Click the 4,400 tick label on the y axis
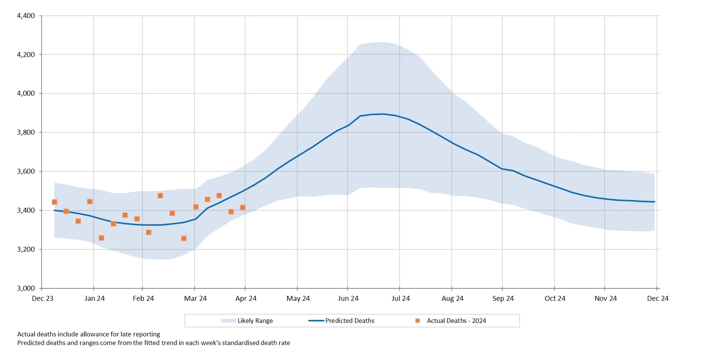pyautogui.click(x=26, y=16)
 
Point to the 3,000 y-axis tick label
pyautogui.click(x=26, y=288)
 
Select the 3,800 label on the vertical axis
pyautogui.click(x=26, y=132)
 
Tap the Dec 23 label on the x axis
pyautogui.click(x=43, y=299)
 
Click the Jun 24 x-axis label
pyautogui.click(x=348, y=299)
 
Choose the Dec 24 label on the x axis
pyautogui.click(x=658, y=299)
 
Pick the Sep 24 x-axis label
pyautogui.click(x=503, y=299)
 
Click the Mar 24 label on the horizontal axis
pyautogui.click(x=195, y=299)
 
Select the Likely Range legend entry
pyautogui.click(x=255, y=321)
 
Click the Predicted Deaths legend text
pyautogui.click(x=350, y=321)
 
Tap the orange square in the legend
pyautogui.click(x=418, y=321)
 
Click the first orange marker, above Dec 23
pyautogui.click(x=54, y=202)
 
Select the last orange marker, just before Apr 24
pyautogui.click(x=243, y=208)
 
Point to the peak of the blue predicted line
pyautogui.click(x=383, y=114)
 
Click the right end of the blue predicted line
pyautogui.click(x=654, y=202)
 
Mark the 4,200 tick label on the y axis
pyautogui.click(x=26, y=55)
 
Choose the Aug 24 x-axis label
pyautogui.click(x=452, y=299)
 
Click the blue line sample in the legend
pyautogui.click(x=316, y=321)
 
